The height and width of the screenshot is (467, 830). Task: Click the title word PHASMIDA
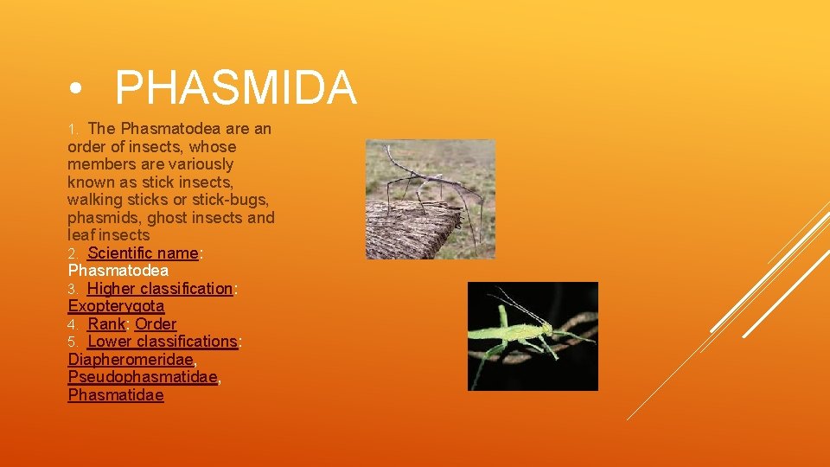pyautogui.click(x=235, y=88)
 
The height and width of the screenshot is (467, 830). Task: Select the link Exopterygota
pyautogui.click(x=116, y=306)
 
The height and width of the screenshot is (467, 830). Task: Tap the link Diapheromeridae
pyautogui.click(x=131, y=360)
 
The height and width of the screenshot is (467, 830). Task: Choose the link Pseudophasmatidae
pyautogui.click(x=142, y=377)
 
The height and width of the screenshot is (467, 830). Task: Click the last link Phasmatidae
pyautogui.click(x=115, y=395)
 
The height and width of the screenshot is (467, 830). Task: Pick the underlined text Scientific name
pyautogui.click(x=143, y=253)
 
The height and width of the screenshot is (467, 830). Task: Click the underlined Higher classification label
pyautogui.click(x=160, y=289)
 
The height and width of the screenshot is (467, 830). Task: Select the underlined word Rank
pyautogui.click(x=106, y=324)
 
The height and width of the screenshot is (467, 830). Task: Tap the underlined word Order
pyautogui.click(x=156, y=324)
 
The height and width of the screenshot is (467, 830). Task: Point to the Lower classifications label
pyautogui.click(x=162, y=342)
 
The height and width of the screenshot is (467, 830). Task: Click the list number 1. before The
pyautogui.click(x=73, y=130)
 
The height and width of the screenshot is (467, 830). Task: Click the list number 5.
pyautogui.click(x=73, y=342)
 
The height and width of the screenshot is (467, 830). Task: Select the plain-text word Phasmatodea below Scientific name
pyautogui.click(x=118, y=271)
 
